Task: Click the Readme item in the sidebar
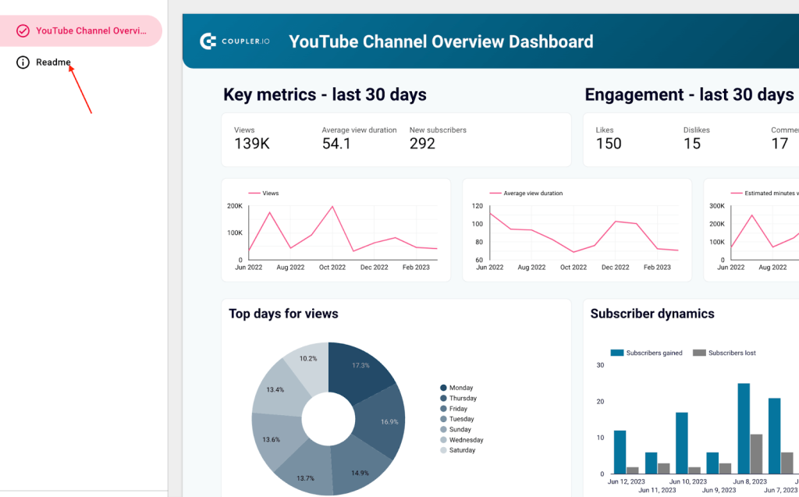[53, 62]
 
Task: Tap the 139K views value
[252, 144]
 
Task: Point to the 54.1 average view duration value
[336, 144]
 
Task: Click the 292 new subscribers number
[422, 144]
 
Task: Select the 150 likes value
[609, 144]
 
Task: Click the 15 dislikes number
[692, 144]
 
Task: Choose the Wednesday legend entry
[466, 440]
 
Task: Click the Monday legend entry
[460, 388]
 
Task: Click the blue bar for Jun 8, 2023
[744, 428]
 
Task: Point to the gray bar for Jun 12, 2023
[632, 470]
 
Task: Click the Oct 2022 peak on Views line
[332, 207]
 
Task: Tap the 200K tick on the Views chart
[234, 206]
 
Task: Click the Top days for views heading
[283, 314]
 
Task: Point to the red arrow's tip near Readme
[70, 66]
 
